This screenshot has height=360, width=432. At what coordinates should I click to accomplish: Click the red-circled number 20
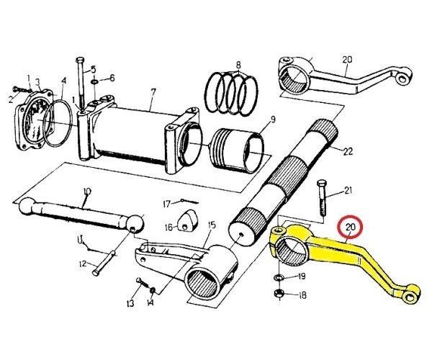tap(351, 228)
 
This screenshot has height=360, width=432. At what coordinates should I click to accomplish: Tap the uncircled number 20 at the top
tap(347, 59)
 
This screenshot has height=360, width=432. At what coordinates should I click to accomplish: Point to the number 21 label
tap(348, 191)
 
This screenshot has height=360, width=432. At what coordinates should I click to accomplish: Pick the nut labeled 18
tap(279, 294)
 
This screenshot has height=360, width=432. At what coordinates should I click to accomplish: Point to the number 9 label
tap(273, 119)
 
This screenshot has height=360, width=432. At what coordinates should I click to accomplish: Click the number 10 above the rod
tap(87, 191)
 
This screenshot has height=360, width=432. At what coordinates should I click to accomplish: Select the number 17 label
tap(166, 202)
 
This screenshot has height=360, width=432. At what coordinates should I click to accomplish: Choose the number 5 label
tap(93, 69)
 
